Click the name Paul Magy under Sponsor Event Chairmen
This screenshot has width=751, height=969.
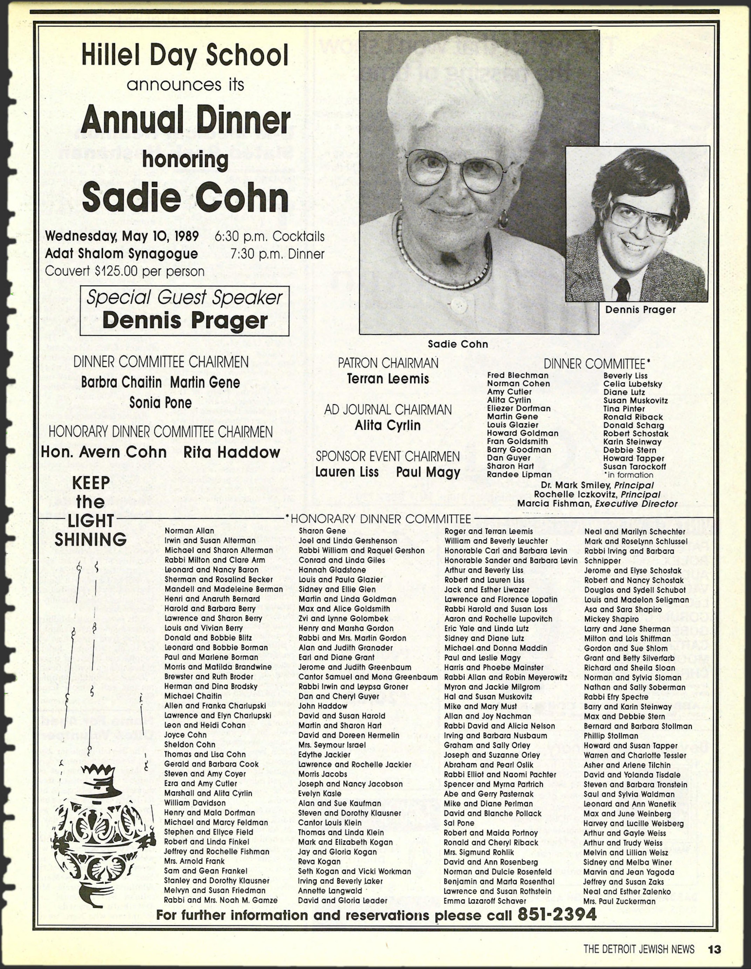(428, 472)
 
